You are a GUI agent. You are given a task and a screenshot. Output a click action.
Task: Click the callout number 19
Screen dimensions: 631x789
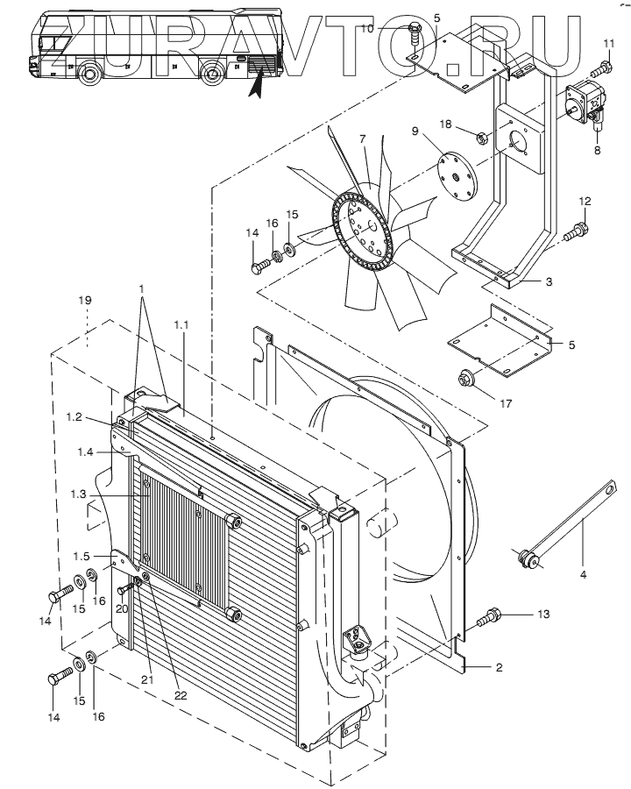click(x=85, y=301)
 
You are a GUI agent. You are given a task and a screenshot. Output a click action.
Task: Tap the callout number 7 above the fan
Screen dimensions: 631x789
click(x=362, y=138)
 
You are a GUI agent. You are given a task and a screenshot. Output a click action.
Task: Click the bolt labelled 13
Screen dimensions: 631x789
click(x=489, y=617)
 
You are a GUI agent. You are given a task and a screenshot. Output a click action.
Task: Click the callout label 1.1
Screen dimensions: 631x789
click(x=181, y=325)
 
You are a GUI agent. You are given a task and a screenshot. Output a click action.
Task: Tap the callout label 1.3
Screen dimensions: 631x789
click(x=79, y=494)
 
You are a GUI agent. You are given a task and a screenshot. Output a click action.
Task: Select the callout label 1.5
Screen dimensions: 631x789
click(x=82, y=556)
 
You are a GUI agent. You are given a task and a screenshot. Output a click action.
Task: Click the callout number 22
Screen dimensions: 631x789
click(x=181, y=695)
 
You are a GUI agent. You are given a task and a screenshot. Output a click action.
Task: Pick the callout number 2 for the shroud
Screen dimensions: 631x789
click(x=499, y=667)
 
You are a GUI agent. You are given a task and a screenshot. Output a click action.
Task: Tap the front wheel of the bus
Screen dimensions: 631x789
click(x=89, y=74)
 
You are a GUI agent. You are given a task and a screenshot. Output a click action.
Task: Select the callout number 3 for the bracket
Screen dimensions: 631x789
click(x=549, y=281)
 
